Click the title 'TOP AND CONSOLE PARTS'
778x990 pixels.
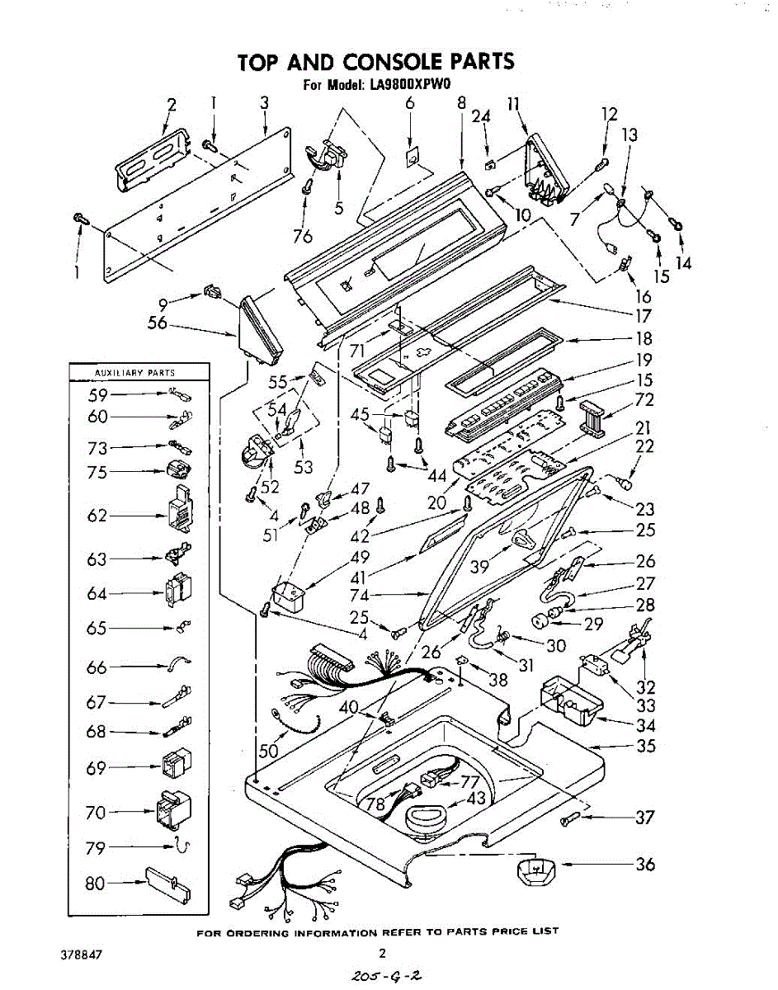(375, 62)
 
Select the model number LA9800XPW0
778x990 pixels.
(411, 84)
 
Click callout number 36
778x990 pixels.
(645, 864)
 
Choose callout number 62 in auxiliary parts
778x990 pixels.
(97, 516)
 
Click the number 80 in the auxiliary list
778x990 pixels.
(96, 884)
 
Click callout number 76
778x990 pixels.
(302, 235)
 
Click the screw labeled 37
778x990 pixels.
(572, 818)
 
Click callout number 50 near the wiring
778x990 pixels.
(268, 752)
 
